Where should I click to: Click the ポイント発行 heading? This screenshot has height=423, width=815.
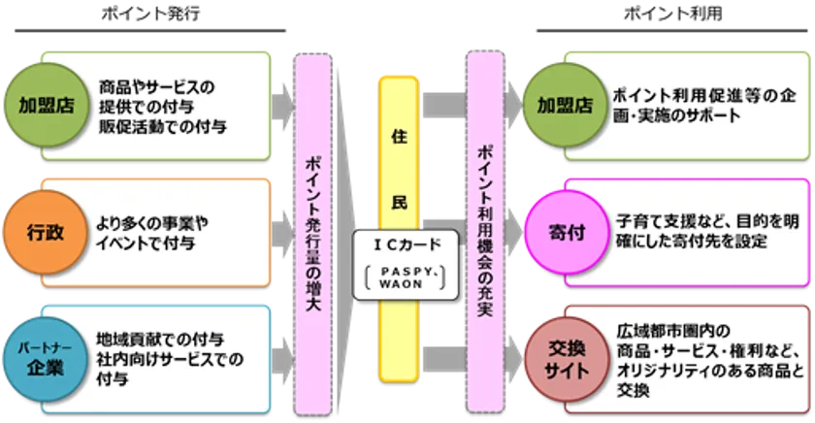(150, 14)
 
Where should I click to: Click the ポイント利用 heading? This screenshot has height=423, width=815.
(672, 13)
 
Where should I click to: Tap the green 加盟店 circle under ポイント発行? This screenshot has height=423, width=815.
(47, 105)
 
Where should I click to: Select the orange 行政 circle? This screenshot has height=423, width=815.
(46, 232)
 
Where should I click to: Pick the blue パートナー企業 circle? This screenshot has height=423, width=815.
(46, 359)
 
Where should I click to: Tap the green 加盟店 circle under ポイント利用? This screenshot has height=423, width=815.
(565, 105)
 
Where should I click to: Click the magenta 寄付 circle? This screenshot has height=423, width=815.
(567, 232)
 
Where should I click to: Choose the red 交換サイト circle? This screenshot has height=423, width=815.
(567, 359)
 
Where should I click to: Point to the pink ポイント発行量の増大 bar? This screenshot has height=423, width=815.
(312, 234)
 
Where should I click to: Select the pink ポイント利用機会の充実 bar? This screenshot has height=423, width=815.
(485, 231)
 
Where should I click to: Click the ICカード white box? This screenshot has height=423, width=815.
(406, 265)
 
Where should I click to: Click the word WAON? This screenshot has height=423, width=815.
(401, 284)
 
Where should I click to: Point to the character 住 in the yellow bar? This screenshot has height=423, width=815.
(399, 137)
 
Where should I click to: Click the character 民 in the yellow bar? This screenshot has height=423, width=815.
(399, 202)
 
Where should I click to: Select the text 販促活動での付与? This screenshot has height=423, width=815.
(163, 126)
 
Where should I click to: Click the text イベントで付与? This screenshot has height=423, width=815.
(146, 243)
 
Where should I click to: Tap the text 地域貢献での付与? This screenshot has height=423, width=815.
(160, 340)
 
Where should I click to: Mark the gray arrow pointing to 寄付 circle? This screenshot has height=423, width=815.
(513, 232)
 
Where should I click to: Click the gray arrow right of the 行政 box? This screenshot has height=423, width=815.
(282, 232)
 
